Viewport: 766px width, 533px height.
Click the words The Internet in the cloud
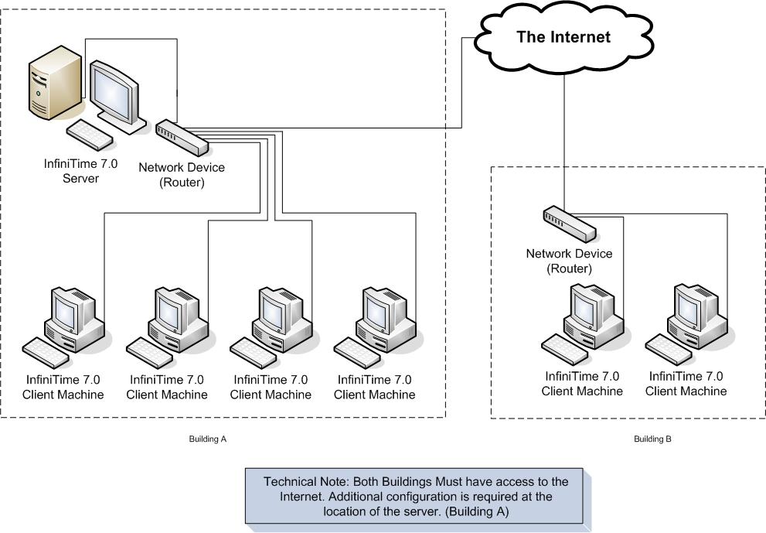point(563,37)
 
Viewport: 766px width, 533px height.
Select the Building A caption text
point(207,439)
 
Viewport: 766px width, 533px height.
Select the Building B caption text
point(652,439)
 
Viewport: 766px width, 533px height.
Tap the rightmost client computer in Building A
point(386,317)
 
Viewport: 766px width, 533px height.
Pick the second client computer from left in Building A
point(179,317)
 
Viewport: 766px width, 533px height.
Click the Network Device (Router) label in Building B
point(569,261)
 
